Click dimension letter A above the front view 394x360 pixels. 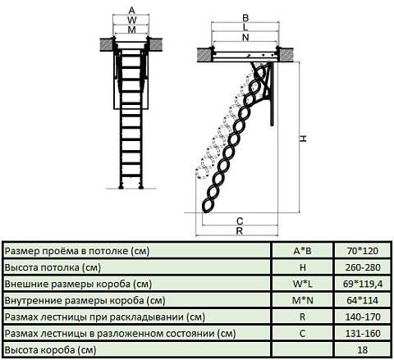click(x=131, y=11)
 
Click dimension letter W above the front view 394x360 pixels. click(x=132, y=20)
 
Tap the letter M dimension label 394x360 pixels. click(x=131, y=30)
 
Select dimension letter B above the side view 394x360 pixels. click(x=245, y=18)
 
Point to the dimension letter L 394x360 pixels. click(x=245, y=27)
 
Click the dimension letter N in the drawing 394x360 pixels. click(x=245, y=37)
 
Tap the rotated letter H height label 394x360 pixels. click(x=303, y=139)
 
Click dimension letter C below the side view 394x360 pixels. click(x=240, y=221)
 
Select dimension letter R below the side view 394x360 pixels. click(x=240, y=231)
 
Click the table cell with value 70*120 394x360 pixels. click(x=363, y=251)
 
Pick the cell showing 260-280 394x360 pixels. click(x=363, y=267)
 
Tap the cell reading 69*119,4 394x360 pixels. click(x=363, y=284)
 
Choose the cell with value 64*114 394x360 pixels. click(x=363, y=300)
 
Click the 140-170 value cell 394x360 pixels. click(x=363, y=317)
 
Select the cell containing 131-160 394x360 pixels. click(x=363, y=334)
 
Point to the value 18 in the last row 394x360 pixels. click(x=363, y=350)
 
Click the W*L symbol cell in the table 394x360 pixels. click(x=302, y=284)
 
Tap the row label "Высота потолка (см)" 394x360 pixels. click(x=53, y=267)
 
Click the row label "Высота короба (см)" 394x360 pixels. click(x=51, y=350)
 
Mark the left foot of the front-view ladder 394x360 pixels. click(x=121, y=187)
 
